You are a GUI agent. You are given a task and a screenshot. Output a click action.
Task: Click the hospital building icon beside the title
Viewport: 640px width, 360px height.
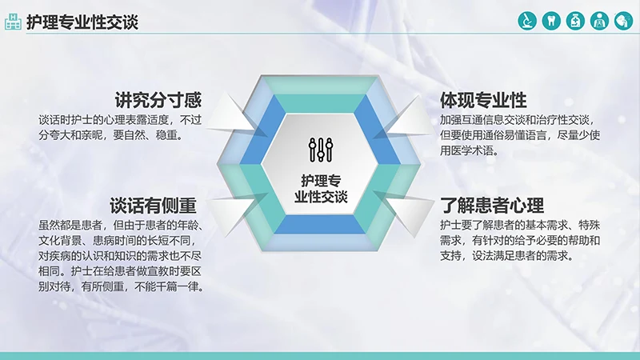[13, 21]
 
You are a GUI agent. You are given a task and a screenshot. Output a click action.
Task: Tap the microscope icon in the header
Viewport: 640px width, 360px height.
[526, 21]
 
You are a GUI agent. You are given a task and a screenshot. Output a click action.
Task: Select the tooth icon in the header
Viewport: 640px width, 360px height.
[550, 21]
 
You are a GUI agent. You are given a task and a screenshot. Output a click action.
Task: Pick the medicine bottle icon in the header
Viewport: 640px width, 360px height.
[574, 21]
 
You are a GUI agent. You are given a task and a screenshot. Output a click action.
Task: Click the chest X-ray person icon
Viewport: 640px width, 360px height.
[598, 21]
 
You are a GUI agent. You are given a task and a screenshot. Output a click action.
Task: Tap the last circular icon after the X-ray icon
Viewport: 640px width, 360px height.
[622, 21]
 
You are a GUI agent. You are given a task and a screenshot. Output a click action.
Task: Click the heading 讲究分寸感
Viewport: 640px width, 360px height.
[157, 101]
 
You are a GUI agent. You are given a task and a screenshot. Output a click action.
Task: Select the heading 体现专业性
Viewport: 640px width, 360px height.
[483, 101]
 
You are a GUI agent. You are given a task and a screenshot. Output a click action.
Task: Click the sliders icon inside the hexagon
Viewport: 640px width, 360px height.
[320, 148]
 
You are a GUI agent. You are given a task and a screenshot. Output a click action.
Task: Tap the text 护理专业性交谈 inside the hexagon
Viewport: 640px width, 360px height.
[320, 187]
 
